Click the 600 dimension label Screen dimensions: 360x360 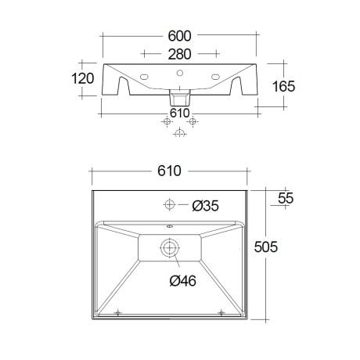(179, 36)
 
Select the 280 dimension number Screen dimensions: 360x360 (179, 54)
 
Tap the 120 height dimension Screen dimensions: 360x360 (83, 78)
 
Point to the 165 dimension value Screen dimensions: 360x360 (283, 86)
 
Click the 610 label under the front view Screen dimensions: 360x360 (180, 113)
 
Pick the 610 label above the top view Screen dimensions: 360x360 (169, 171)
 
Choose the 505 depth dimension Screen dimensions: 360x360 (266, 247)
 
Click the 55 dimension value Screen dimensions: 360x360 (286, 198)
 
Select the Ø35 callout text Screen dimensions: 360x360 (206, 206)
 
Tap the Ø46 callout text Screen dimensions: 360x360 (183, 281)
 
